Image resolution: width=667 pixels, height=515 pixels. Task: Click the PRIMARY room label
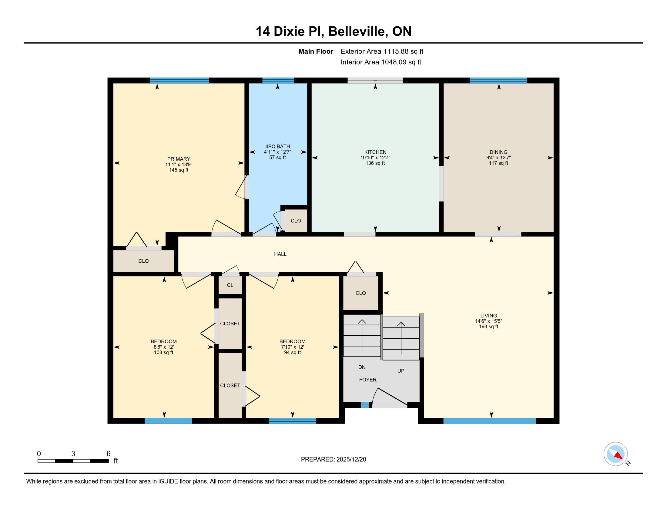[x=179, y=159]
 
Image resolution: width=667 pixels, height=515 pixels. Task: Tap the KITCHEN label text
[x=375, y=152]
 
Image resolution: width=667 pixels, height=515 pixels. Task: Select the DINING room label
[x=498, y=152]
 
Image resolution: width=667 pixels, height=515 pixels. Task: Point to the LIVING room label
[x=489, y=316]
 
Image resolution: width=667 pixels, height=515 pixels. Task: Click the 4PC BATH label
[x=278, y=146]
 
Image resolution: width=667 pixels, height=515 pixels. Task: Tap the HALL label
[x=280, y=254]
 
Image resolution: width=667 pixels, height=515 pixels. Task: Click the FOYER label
[x=368, y=380]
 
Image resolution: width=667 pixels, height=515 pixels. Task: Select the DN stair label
[x=362, y=367]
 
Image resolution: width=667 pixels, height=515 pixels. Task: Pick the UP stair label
[x=401, y=371]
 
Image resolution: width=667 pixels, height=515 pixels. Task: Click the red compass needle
[x=618, y=456]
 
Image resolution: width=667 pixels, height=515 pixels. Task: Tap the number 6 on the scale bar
[x=109, y=454]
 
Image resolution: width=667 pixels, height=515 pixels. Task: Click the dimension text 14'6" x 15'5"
[x=489, y=321]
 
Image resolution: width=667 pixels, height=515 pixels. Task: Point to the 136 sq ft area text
[x=375, y=163]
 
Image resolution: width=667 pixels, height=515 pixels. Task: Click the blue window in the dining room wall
[x=498, y=81]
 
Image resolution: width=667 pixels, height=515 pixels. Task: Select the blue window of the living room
[x=490, y=421]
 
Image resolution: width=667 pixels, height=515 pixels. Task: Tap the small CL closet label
[x=230, y=285]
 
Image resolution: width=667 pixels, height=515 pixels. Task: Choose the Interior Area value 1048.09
[x=394, y=62]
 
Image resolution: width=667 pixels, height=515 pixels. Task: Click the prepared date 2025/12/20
[x=351, y=460]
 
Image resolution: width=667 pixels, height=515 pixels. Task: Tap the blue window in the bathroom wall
[x=278, y=81]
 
